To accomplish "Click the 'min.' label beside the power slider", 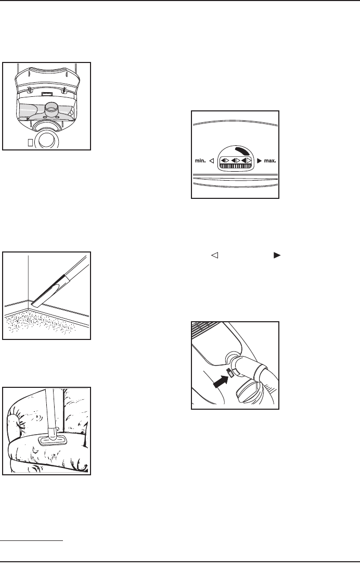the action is click(x=200, y=161).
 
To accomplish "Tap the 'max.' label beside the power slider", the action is click(x=270, y=161).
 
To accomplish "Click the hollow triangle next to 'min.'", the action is click(x=212, y=161).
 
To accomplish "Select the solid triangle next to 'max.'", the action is click(x=260, y=161).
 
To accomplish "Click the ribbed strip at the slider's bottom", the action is click(x=235, y=167).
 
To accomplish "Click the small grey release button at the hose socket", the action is click(x=230, y=372).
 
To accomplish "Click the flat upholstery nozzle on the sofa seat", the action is click(x=52, y=440).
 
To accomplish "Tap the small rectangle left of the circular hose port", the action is click(x=30, y=142).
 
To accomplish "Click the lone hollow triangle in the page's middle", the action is click(x=214, y=255).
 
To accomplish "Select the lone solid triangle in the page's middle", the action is click(x=277, y=255).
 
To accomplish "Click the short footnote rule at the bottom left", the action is click(x=32, y=541).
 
